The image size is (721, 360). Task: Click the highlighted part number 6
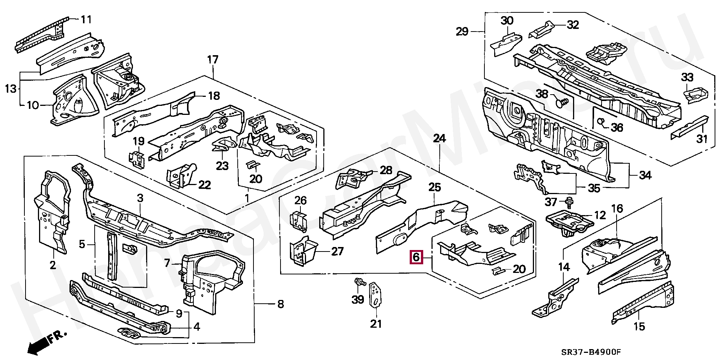(416, 258)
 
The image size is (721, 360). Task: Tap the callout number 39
(357, 300)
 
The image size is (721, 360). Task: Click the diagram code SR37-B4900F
(591, 352)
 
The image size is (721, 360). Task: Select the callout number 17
(213, 60)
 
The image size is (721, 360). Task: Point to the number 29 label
(462, 32)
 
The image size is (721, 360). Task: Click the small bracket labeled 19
(136, 158)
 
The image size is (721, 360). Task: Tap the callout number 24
(439, 139)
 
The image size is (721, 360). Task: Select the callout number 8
(281, 304)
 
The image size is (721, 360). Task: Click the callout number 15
(639, 327)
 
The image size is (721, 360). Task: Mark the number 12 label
(600, 215)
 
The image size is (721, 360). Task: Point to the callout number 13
(11, 89)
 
